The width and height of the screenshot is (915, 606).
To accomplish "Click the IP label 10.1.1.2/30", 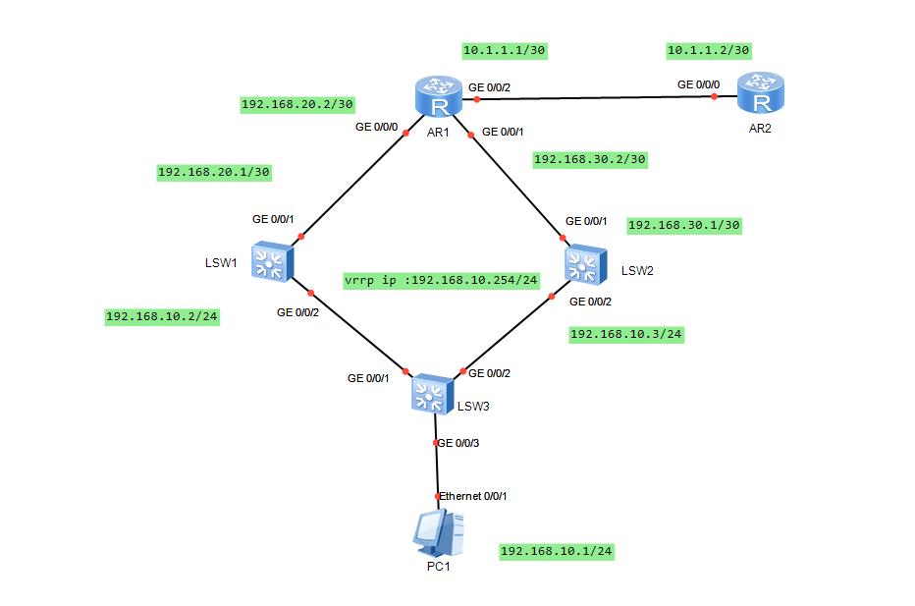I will [708, 50].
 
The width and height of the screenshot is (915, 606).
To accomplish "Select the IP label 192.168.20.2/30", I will [296, 103].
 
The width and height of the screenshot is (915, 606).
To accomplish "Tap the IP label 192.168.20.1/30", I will [214, 172].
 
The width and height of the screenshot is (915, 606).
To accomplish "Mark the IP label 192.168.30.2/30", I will [590, 159].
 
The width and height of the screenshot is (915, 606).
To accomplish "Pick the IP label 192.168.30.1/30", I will [683, 225].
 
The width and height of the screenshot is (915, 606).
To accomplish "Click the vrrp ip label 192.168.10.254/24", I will [442, 281].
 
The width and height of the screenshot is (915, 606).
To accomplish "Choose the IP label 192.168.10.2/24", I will [161, 317].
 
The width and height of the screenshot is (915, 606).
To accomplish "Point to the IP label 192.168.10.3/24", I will [625, 335].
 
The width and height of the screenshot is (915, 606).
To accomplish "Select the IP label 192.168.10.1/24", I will [557, 552].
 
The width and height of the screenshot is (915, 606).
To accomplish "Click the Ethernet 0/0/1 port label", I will [473, 496].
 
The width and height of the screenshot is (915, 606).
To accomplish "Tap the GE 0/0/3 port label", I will [458, 443].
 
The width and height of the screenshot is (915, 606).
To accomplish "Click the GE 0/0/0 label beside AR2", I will [698, 84].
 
